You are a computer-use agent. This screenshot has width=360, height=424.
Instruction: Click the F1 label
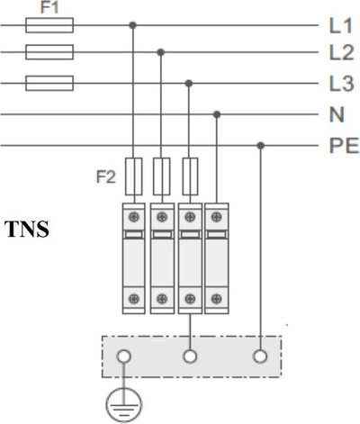[x=49, y=7]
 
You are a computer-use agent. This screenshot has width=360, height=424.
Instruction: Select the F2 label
[x=105, y=176]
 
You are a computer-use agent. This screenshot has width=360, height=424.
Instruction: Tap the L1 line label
[x=340, y=25]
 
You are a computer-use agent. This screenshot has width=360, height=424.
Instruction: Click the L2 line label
[x=342, y=52]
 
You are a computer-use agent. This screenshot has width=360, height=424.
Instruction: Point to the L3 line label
[x=342, y=84]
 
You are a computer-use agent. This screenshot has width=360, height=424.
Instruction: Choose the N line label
[x=337, y=114]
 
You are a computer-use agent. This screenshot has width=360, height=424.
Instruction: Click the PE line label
[x=344, y=146]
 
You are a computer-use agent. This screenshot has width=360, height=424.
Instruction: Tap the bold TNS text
[x=27, y=229]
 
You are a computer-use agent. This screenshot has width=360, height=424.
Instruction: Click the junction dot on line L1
[x=133, y=25]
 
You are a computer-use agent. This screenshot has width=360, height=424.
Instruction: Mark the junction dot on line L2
[x=161, y=52]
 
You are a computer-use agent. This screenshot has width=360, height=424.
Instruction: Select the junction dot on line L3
[x=189, y=84]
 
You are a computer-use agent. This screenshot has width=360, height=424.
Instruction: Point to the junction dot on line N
[x=217, y=114]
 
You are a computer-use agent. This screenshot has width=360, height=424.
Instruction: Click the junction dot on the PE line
[x=261, y=146]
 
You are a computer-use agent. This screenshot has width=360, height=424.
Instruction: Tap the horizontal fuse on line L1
[x=49, y=25]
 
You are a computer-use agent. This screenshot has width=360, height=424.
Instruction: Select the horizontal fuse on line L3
[x=49, y=83]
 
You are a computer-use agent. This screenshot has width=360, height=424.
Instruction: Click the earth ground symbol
[x=124, y=405]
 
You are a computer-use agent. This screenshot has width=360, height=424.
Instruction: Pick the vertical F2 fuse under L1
[x=133, y=176]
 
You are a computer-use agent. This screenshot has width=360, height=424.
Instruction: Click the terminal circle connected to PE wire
[x=260, y=356]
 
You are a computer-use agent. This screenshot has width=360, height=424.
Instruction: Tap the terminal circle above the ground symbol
[x=123, y=356]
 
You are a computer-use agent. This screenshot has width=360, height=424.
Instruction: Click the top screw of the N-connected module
[x=217, y=217]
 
